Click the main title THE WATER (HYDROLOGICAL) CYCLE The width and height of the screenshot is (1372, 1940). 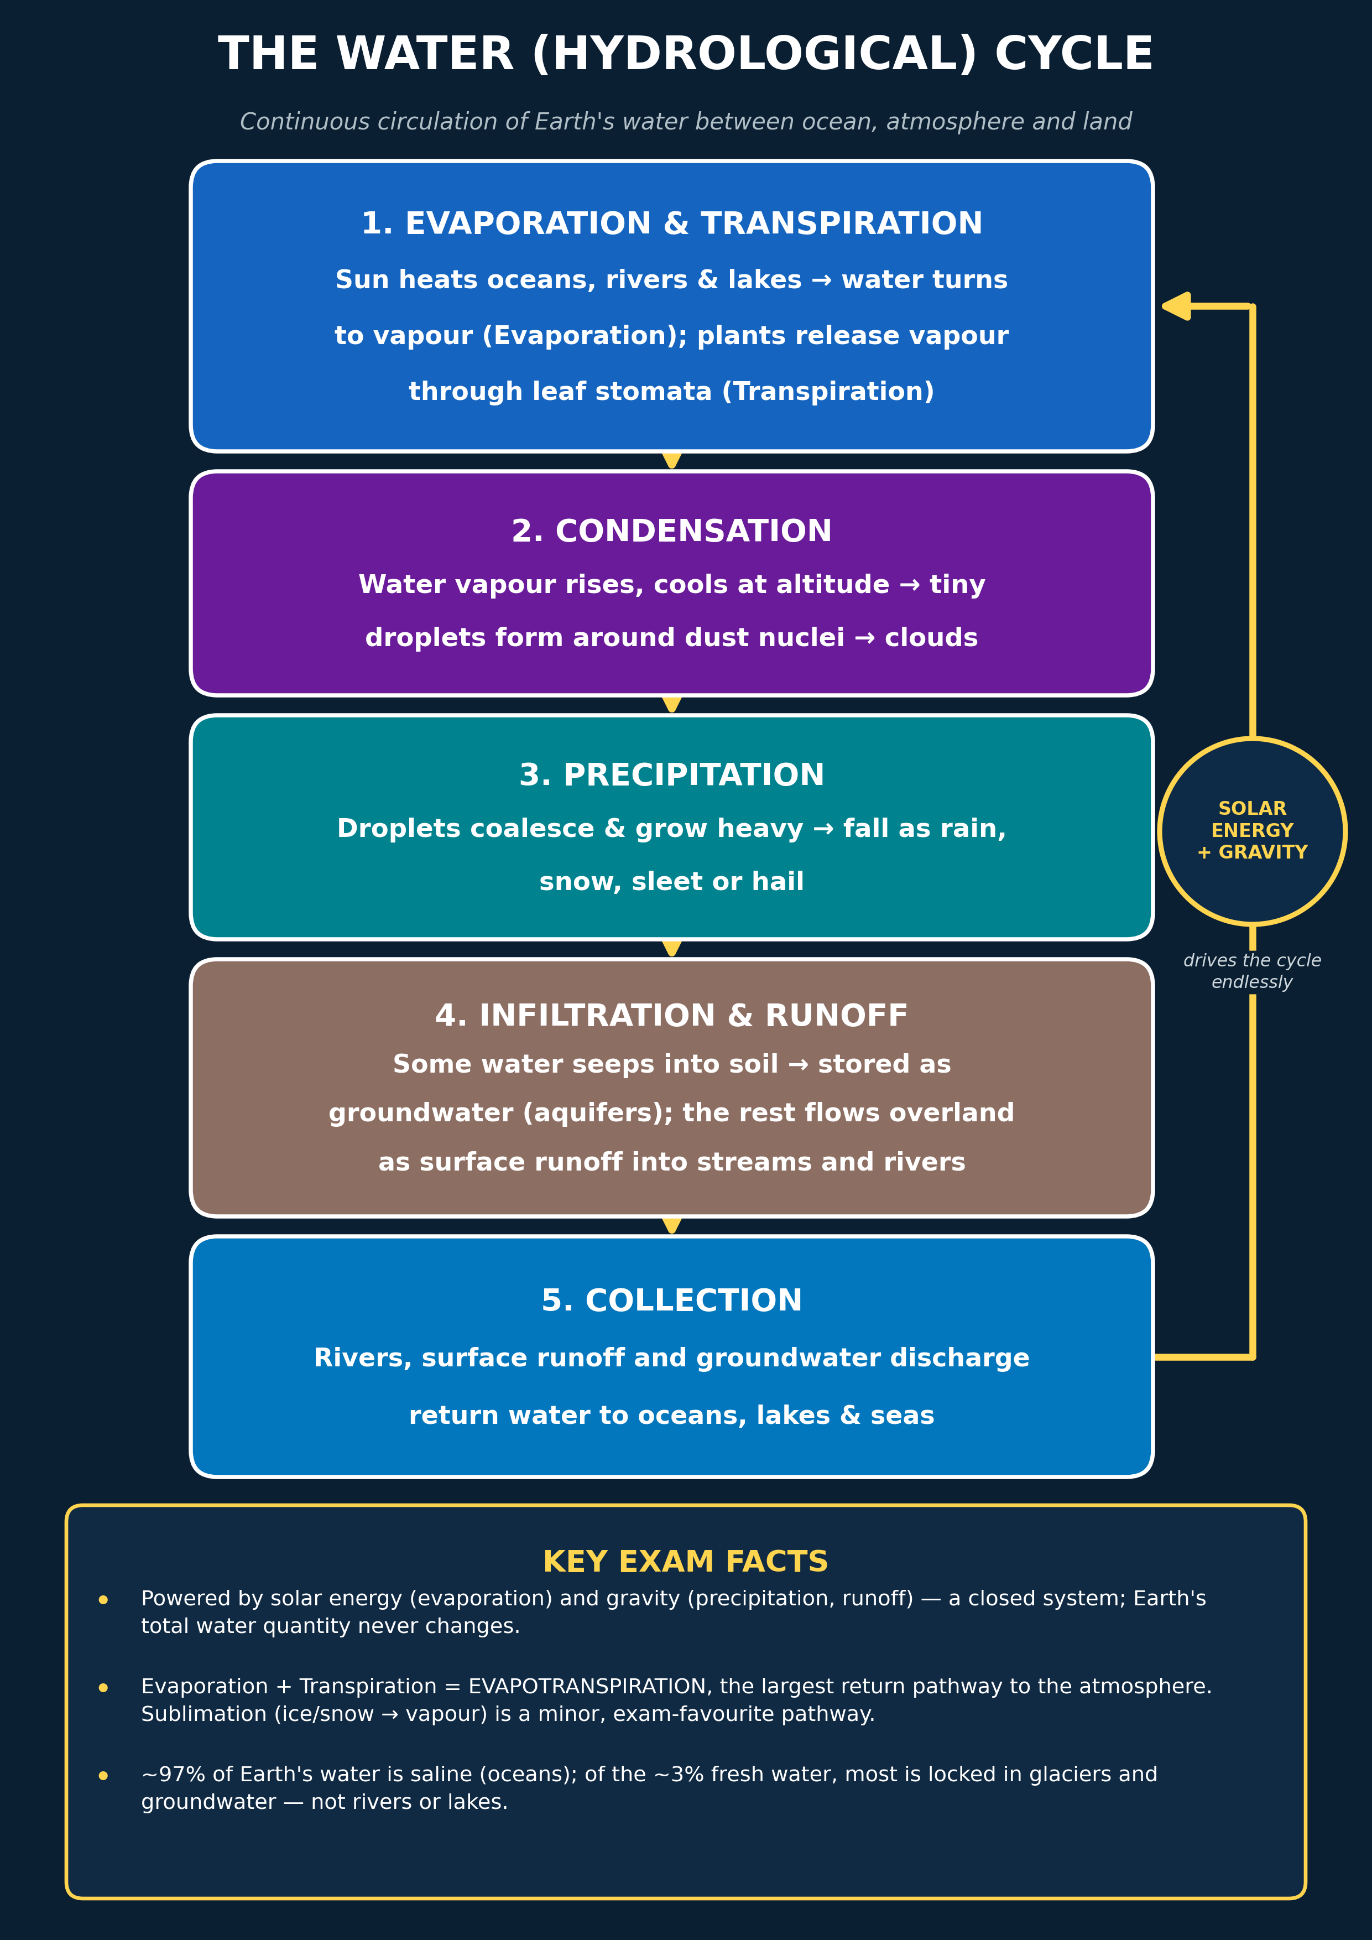click(685, 54)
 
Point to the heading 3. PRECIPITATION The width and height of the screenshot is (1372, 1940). click(672, 776)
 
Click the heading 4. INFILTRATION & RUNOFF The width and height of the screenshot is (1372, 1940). click(672, 1016)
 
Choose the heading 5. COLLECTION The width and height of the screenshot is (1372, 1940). click(672, 1301)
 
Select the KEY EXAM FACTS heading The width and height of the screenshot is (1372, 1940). click(685, 1562)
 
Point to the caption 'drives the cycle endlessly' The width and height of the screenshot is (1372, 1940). click(1252, 971)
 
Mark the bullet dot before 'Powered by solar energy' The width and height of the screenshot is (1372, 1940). click(103, 1599)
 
